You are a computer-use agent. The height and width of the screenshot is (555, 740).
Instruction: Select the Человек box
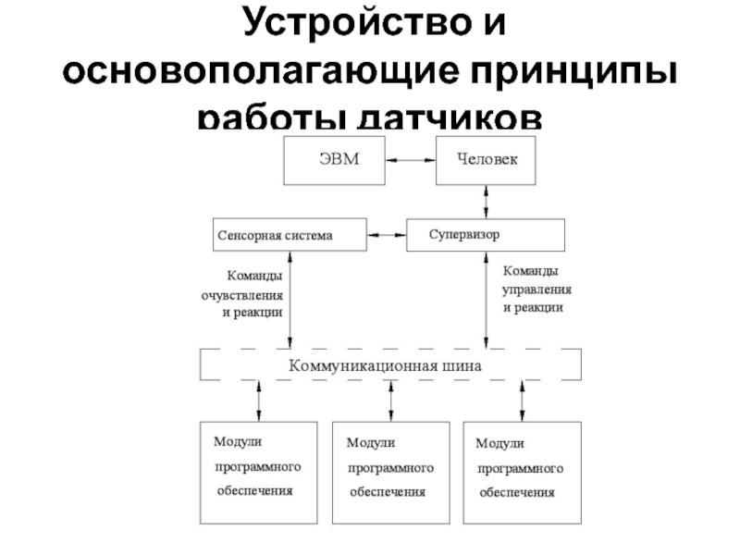[487, 159]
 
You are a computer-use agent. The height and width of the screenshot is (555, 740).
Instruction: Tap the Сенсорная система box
[287, 235]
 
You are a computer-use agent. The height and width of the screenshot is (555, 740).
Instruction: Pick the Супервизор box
[485, 234]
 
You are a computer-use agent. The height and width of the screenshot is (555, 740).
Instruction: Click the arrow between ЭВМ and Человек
[411, 160]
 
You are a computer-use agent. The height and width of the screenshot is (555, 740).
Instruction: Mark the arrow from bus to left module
[258, 401]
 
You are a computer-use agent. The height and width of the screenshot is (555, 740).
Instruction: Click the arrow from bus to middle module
[391, 401]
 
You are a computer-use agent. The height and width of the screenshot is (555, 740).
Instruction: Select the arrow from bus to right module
[522, 401]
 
